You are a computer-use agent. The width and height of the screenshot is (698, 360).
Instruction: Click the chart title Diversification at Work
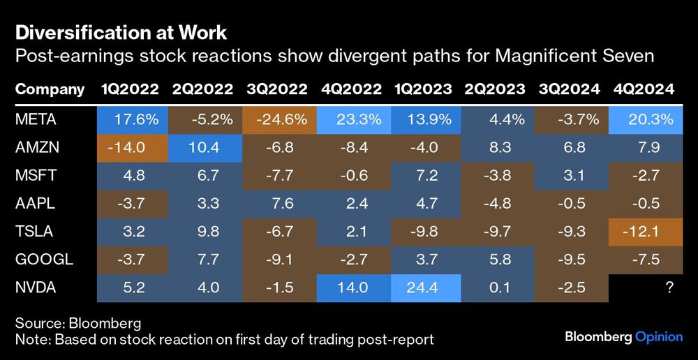[x=121, y=32]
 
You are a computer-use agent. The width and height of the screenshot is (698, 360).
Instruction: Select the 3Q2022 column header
[x=276, y=89]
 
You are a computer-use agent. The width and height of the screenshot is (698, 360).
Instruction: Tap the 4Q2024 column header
[x=645, y=89]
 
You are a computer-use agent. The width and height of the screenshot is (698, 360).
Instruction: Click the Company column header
[x=50, y=89]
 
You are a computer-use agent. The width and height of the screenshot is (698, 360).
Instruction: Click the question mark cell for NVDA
[x=669, y=287]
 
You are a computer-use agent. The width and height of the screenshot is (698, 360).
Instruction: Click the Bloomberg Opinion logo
[x=623, y=337]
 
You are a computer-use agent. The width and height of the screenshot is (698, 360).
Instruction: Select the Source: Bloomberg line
[x=77, y=323]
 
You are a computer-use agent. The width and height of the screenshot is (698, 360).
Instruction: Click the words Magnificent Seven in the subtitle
[x=574, y=56]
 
